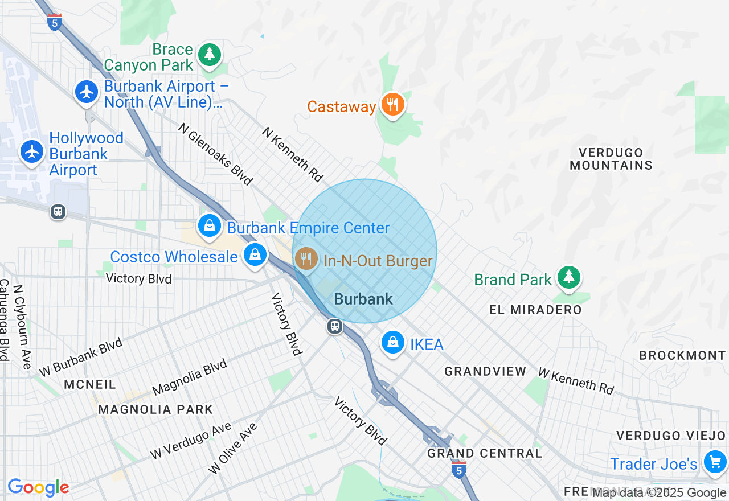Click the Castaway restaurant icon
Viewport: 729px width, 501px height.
(392, 105)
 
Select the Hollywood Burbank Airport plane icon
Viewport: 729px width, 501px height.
(32, 152)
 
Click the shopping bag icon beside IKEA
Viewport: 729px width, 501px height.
(392, 343)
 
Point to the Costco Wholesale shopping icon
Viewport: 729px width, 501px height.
(256, 255)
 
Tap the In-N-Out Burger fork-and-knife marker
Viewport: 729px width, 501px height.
(306, 260)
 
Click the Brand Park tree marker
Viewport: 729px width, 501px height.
(568, 278)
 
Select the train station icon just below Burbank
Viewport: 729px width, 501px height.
(334, 326)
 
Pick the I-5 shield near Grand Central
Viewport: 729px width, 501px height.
(458, 470)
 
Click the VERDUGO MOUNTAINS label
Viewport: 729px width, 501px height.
(611, 159)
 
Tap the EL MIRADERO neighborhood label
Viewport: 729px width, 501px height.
(535, 310)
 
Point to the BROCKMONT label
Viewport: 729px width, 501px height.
(682, 355)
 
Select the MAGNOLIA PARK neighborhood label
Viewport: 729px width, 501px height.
(155, 409)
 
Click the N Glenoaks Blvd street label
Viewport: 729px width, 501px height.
(215, 154)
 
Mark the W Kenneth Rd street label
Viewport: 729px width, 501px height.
(576, 381)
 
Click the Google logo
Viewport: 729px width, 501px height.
(38, 487)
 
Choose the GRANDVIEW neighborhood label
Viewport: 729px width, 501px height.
(485, 371)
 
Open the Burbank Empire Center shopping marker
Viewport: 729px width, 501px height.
(210, 226)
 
